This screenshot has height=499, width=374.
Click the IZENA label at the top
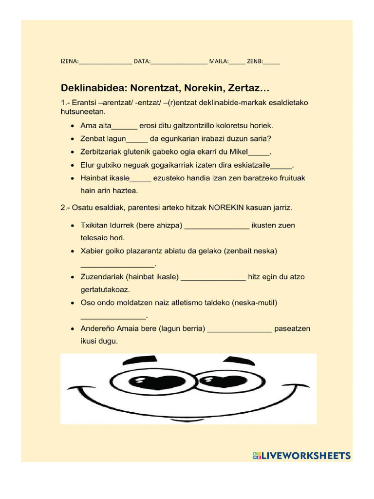(68, 61)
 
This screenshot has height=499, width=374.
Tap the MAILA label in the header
(218, 61)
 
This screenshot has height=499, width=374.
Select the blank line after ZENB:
(272, 62)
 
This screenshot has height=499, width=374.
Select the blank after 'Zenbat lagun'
(137, 139)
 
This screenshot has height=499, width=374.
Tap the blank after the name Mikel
(259, 153)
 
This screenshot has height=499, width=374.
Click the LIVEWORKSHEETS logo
(301, 456)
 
